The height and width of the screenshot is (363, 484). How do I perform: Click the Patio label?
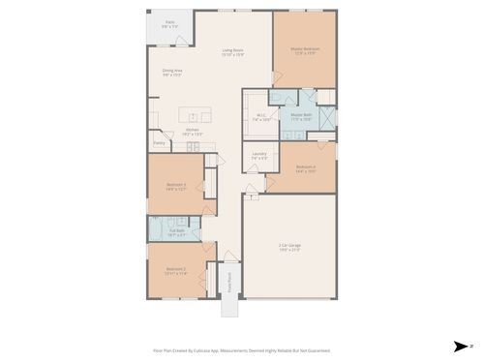click(x=169, y=23)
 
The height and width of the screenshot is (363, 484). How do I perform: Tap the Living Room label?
click(x=232, y=51)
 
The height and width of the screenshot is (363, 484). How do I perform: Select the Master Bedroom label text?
click(x=305, y=51)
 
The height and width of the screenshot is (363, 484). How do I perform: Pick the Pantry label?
click(x=159, y=142)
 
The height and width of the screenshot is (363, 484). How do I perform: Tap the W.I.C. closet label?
click(x=261, y=117)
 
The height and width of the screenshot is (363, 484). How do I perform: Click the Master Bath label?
click(x=302, y=117)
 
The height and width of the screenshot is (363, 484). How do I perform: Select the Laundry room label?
click(x=259, y=155)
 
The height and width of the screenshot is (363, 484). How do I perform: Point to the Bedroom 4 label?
click(x=306, y=167)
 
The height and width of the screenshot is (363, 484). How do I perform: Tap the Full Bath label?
click(x=177, y=232)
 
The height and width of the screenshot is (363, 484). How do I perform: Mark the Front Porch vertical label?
click(x=229, y=281)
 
